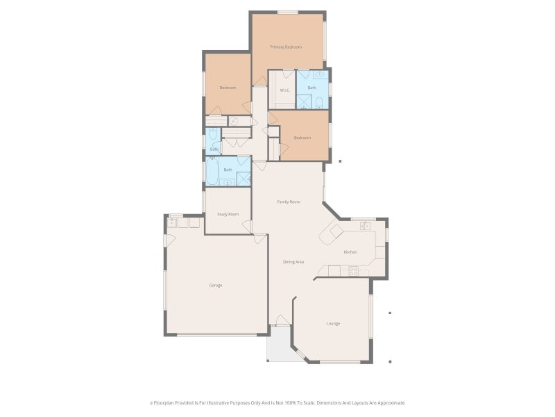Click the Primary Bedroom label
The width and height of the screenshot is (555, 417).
[x=286, y=47]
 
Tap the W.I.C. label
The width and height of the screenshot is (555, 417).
[x=284, y=90]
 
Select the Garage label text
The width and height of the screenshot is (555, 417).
[x=216, y=285]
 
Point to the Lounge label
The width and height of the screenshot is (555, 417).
[x=334, y=323]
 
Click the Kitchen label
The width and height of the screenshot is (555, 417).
[x=350, y=252]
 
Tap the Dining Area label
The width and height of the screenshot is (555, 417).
[x=293, y=262]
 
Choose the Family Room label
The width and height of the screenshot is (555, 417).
[x=289, y=202]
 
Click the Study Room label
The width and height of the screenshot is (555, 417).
[x=228, y=214]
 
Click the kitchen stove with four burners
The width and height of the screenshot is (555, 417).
[x=353, y=271]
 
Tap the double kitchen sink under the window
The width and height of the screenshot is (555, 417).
[x=365, y=226]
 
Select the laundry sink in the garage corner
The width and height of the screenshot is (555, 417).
[x=172, y=222]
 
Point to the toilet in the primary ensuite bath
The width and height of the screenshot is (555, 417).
[x=319, y=103]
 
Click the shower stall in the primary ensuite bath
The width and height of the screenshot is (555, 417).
[x=304, y=102]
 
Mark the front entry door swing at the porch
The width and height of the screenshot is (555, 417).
[x=281, y=320]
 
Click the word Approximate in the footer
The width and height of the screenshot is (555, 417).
[x=389, y=402]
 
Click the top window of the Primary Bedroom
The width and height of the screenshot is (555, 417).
[x=288, y=12]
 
